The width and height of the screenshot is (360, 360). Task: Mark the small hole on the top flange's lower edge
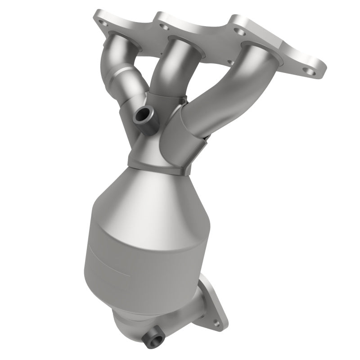coord(231,63)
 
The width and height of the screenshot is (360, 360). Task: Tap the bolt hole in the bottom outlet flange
coord(215,322)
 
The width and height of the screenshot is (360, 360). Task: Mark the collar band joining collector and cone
coord(157,162)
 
